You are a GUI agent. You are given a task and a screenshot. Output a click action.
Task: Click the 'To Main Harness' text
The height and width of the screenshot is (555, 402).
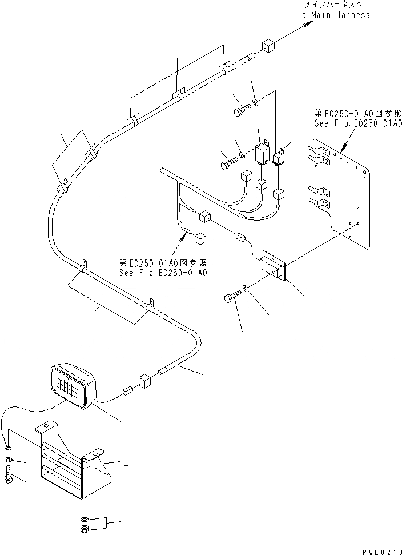(x=333, y=15)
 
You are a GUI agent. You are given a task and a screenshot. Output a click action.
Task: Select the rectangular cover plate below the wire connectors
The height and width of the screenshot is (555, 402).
(x=273, y=265)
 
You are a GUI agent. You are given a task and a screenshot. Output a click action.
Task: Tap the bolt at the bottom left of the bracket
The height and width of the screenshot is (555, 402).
(x=9, y=475)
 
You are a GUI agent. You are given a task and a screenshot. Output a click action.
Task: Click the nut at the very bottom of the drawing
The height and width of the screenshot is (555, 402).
(x=85, y=530)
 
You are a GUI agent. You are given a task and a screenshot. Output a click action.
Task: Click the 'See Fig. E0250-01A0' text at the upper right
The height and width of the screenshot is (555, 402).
(x=358, y=122)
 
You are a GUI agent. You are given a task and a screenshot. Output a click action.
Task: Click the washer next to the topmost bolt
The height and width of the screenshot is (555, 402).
(x=255, y=103)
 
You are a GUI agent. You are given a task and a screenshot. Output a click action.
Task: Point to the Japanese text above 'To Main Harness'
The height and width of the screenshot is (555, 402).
(x=333, y=5)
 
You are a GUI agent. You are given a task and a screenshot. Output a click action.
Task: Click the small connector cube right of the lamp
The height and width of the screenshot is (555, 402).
(x=127, y=392)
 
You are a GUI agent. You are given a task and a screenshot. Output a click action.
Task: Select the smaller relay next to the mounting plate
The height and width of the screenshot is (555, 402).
(x=280, y=158)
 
